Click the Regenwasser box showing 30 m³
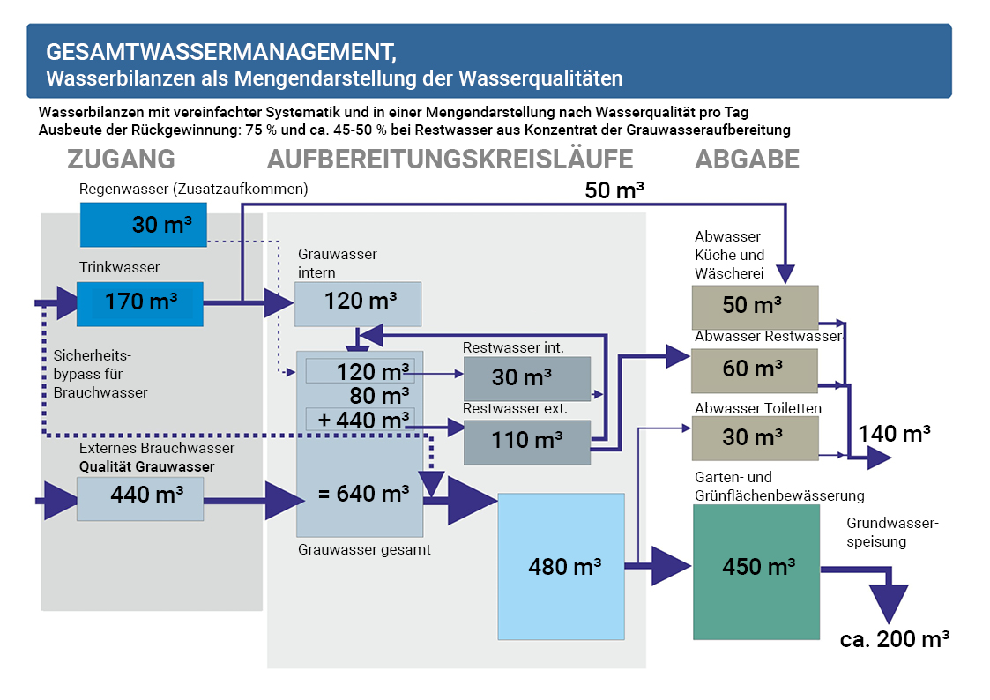click(143, 225)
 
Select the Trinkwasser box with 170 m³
click(140, 303)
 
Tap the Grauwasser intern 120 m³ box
click(358, 303)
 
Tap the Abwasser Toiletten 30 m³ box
click(755, 437)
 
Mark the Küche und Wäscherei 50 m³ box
click(755, 307)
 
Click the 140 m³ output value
click(895, 434)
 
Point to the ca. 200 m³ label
click(894, 639)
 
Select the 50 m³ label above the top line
click(614, 190)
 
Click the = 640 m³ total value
click(363, 495)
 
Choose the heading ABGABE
click(747, 160)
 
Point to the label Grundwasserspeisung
click(893, 532)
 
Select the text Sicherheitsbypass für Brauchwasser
click(100, 374)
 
